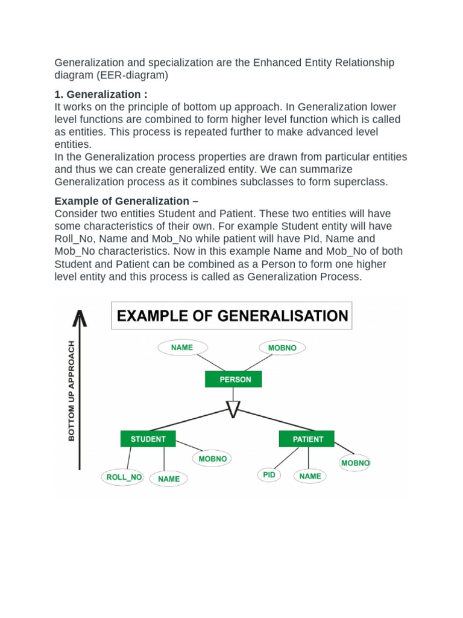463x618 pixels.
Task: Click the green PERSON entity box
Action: click(x=233, y=379)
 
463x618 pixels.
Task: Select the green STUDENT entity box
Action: click(x=148, y=439)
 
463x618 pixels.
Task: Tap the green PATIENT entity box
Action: click(x=307, y=439)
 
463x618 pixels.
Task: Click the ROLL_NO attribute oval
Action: click(x=124, y=477)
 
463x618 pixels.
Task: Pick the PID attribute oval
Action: click(x=269, y=475)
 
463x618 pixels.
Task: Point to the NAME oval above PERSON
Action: click(x=182, y=348)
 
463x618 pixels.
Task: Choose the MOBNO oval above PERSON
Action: click(x=282, y=348)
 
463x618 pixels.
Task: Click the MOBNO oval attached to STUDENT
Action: click(x=213, y=459)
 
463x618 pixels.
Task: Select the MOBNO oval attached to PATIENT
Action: click(x=355, y=463)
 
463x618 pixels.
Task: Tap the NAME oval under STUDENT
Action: click(x=169, y=479)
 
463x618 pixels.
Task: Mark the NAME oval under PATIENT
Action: click(x=310, y=476)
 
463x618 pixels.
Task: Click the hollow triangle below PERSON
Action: click(x=233, y=409)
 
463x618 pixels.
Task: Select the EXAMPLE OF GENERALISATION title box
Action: click(x=231, y=316)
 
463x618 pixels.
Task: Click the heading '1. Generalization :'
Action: click(x=100, y=94)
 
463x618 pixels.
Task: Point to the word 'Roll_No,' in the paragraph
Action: click(x=73, y=238)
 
